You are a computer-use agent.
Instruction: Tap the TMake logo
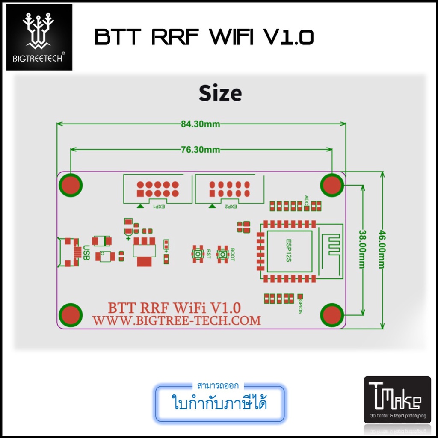[397, 399]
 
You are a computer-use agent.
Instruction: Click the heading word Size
[220, 93]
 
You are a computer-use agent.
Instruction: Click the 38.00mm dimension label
[363, 250]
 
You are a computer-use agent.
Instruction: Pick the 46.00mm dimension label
[382, 250]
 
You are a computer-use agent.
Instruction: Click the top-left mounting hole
[71, 185]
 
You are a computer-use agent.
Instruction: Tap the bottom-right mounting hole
[332, 315]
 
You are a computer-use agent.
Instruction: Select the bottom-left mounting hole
[71, 315]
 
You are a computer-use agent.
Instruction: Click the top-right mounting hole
[332, 185]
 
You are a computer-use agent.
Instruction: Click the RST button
[198, 254]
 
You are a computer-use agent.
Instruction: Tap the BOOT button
[222, 254]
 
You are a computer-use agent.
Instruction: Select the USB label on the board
[86, 252]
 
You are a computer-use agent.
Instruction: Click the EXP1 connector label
[159, 207]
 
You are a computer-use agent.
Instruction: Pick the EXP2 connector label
[230, 207]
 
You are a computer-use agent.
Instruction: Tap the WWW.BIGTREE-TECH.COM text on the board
[177, 320]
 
